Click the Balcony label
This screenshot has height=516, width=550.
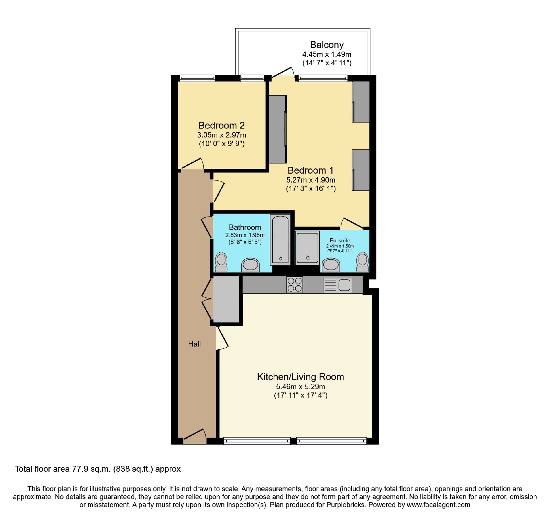pyautogui.click(x=327, y=45)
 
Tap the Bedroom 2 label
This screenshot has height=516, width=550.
pyautogui.click(x=222, y=125)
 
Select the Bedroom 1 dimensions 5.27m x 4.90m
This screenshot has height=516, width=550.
pyautogui.click(x=311, y=180)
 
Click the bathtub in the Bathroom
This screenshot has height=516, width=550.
pyautogui.click(x=281, y=239)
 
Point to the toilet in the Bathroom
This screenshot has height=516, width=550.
pyautogui.click(x=221, y=262)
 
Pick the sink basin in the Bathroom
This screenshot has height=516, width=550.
pyautogui.click(x=250, y=265)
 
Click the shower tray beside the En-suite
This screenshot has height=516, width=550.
pyautogui.click(x=307, y=247)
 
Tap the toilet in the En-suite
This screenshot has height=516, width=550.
pyautogui.click(x=362, y=262)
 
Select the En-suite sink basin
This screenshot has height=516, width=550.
pyautogui.click(x=331, y=265)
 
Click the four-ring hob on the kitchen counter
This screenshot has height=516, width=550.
pyautogui.click(x=295, y=285)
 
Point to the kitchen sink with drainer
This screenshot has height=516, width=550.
pyautogui.click(x=338, y=285)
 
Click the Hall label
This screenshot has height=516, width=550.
pyautogui.click(x=194, y=344)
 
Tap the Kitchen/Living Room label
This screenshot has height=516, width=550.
pyautogui.click(x=300, y=377)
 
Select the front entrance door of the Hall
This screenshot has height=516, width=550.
pyautogui.click(x=195, y=435)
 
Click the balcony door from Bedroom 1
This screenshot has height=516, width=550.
pyautogui.click(x=283, y=72)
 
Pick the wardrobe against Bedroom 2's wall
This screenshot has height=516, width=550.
pyautogui.click(x=278, y=129)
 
